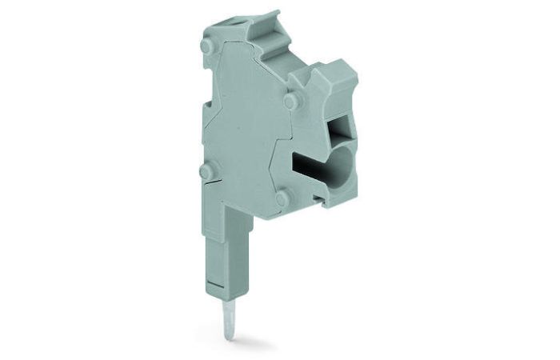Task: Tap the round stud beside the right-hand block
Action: pyautogui.click(x=290, y=102)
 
